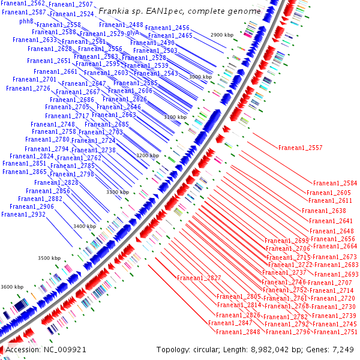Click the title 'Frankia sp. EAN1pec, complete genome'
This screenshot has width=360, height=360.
(x=179, y=11)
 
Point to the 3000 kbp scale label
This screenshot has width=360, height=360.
(x=200, y=77)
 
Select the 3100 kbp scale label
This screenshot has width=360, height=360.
(x=175, y=117)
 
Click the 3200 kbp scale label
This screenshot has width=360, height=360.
(x=148, y=155)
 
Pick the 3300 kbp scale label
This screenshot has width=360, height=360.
(x=118, y=192)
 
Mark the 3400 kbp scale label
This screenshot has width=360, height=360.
(x=85, y=226)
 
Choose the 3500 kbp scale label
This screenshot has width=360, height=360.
(x=49, y=258)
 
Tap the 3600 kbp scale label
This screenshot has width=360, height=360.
(x=13, y=287)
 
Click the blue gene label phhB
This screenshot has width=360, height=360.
(x=26, y=20)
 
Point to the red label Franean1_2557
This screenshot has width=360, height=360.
(x=300, y=148)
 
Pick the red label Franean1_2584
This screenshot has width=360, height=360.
(x=335, y=183)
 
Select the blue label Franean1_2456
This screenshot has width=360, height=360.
(x=167, y=28)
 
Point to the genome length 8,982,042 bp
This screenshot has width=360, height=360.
(x=287, y=349)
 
